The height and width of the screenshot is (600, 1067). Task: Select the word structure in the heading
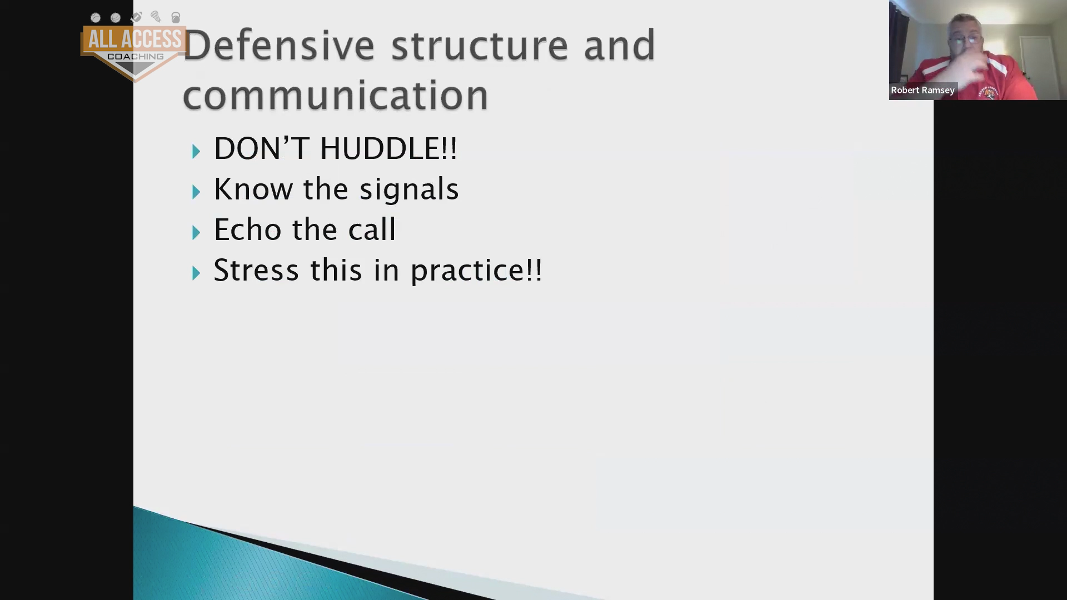click(480, 45)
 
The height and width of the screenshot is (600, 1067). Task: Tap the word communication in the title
click(336, 94)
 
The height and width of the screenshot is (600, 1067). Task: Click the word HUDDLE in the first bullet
click(388, 148)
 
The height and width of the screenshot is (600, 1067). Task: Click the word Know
click(253, 189)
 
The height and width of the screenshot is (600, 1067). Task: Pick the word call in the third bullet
click(372, 229)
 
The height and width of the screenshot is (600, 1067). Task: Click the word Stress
click(256, 270)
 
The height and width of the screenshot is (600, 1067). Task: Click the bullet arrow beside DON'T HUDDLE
click(196, 151)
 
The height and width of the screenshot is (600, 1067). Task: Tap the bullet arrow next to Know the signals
click(196, 192)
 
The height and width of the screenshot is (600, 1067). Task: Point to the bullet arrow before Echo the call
click(196, 232)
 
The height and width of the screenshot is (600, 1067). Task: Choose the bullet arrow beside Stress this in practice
click(196, 273)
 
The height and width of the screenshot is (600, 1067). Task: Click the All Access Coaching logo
click(133, 48)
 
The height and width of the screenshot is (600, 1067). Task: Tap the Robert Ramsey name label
click(923, 90)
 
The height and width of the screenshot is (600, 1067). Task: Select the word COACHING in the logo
click(136, 57)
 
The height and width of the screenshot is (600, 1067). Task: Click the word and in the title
click(620, 45)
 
